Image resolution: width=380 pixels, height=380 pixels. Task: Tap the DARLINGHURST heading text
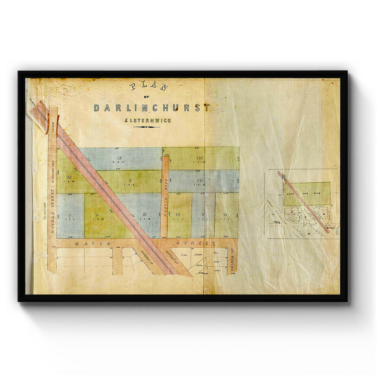[151, 108]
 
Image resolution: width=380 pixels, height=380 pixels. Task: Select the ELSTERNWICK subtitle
[148, 121]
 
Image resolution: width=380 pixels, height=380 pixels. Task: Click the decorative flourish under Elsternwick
[146, 127]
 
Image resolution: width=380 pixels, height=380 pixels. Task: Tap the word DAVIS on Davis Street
[93, 243]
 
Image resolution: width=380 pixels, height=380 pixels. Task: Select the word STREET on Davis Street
[196, 243]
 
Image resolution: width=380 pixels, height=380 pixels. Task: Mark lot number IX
[120, 158]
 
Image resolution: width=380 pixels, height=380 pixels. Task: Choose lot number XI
[69, 178]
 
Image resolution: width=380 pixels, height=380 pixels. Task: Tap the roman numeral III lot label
[144, 214]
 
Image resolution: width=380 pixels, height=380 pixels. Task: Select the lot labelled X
[130, 180]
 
